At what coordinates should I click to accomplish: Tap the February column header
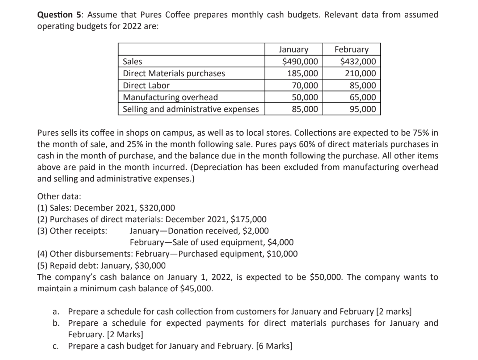[351, 50]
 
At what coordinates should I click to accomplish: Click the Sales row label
[133, 62]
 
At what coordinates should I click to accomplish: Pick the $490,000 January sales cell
[300, 62]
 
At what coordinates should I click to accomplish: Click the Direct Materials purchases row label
[174, 73]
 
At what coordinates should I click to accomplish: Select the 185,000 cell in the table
[304, 73]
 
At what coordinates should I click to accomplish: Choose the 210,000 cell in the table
[361, 73]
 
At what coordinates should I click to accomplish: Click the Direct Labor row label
[147, 85]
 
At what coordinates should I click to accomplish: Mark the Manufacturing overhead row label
[171, 97]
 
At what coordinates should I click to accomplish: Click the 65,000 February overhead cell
[363, 97]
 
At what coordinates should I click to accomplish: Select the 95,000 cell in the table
[363, 109]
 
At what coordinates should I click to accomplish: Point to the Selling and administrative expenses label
[191, 109]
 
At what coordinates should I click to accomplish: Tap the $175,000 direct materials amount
[248, 219]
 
